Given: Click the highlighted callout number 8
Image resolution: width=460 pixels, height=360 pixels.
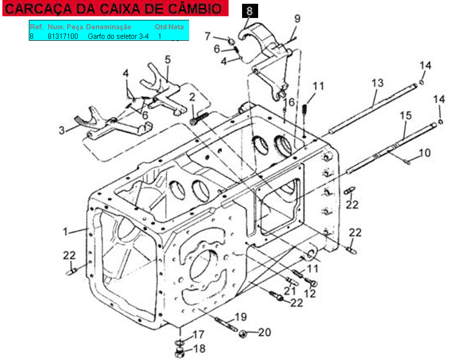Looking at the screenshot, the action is tap(250, 11).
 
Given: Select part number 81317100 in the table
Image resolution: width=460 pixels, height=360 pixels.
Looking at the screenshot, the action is tap(63, 36).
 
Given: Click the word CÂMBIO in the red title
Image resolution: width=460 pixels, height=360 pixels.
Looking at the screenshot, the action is tap(195, 9).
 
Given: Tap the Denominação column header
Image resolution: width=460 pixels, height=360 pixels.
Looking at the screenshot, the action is tap(109, 27).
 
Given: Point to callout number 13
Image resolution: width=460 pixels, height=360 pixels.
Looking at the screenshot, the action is tap(378, 83).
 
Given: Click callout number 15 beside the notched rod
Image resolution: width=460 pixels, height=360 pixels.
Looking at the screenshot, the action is tap(406, 115).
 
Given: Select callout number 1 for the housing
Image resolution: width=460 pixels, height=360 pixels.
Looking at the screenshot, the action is tap(65, 232).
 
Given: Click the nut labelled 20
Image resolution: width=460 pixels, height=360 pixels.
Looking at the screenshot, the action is tap(243, 334).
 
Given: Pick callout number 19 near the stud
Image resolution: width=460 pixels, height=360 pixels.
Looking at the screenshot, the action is tap(241, 317).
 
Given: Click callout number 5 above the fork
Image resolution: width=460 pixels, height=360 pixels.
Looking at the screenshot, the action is tap(167, 60).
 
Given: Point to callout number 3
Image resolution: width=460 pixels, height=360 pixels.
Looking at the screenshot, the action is tap(61, 130).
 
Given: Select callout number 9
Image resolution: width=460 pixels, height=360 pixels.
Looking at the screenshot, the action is tap(297, 18).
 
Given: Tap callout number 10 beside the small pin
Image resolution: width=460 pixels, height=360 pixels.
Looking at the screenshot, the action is tap(425, 153).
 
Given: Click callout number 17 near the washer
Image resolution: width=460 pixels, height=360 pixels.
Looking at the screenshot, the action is tap(198, 334).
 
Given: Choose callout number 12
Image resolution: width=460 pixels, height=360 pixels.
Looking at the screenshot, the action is tap(310, 294).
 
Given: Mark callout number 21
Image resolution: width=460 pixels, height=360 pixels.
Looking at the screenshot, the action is tap(290, 291).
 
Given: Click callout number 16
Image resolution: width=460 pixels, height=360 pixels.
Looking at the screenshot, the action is tap(289, 102).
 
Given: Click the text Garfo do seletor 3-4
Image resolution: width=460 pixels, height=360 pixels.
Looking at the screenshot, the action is tap(118, 36).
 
